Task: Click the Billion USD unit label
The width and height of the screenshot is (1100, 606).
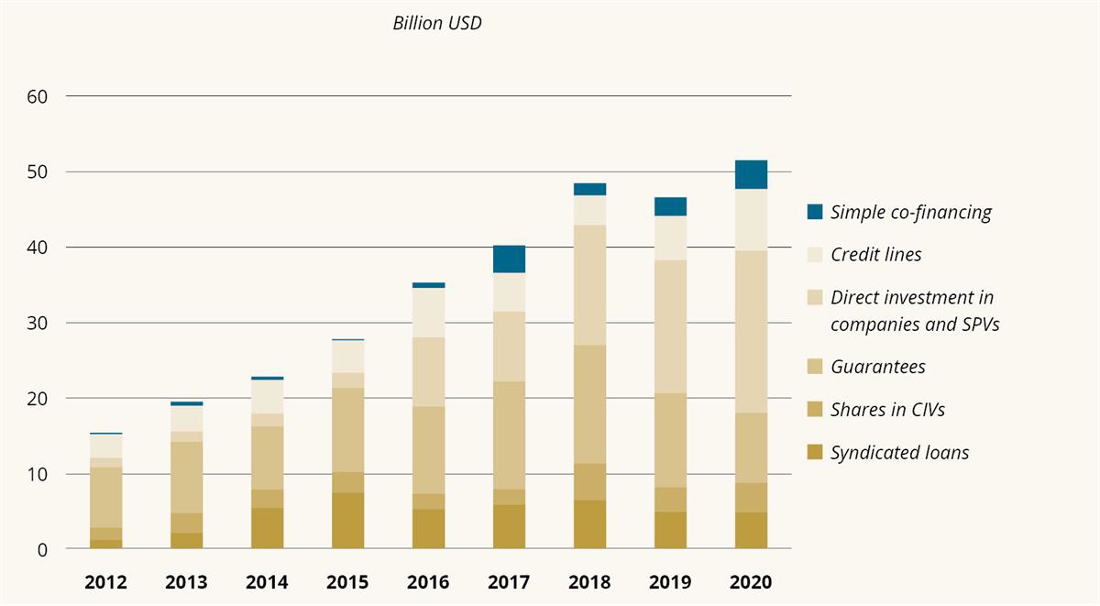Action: point(437,24)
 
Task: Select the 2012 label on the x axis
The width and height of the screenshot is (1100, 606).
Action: point(106,582)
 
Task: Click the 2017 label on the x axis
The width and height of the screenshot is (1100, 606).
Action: point(509,582)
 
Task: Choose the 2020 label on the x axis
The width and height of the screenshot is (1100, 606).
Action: point(751,582)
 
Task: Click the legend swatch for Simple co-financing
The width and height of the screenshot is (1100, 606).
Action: point(815,212)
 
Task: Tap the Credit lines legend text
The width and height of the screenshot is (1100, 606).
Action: point(875,255)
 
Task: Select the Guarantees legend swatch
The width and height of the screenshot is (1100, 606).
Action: point(815,367)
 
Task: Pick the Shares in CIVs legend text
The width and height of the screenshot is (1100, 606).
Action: point(887,410)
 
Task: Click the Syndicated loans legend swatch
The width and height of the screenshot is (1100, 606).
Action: point(815,453)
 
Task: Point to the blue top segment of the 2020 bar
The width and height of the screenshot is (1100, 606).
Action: point(751,174)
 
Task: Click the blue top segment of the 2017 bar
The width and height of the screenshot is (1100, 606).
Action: point(509,259)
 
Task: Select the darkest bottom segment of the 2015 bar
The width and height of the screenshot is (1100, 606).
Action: point(347,521)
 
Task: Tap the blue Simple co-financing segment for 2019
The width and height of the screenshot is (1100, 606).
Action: point(670,206)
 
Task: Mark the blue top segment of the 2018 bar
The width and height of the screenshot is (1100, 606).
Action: point(589,189)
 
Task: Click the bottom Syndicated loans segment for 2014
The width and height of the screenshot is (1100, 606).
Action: point(267,528)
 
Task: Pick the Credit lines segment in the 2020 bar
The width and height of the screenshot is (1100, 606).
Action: point(751,219)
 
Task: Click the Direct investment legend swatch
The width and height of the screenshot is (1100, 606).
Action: point(815,298)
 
